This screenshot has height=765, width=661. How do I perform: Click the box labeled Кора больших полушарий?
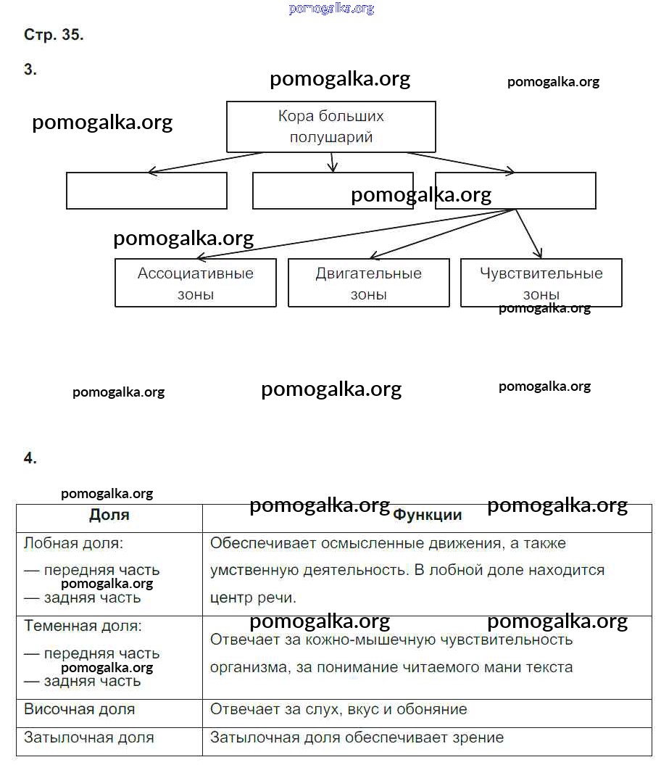coord(331,126)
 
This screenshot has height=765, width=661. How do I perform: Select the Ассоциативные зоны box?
coord(195,283)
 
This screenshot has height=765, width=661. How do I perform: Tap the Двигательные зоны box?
coord(368,283)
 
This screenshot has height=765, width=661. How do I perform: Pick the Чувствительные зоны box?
coord(541,283)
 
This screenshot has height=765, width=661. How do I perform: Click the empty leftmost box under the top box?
coord(146,191)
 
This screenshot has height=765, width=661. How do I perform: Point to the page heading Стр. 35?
coord(54,35)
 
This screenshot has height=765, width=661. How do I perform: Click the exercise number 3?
coord(30,70)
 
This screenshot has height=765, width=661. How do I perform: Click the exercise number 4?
coord(30,458)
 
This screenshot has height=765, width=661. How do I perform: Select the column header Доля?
coord(109,515)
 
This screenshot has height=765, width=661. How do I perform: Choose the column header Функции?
coord(427,515)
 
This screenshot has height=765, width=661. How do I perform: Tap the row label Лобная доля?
coord(73,543)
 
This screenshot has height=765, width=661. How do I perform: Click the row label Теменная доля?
coord(83,626)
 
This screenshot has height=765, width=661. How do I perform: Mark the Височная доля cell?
coord(79,709)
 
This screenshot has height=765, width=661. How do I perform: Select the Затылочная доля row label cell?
coord(88,737)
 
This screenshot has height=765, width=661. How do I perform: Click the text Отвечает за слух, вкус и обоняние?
coord(338,709)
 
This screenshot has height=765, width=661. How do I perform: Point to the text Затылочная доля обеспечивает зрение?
coord(357,737)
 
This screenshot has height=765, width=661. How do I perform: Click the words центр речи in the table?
coord(253,598)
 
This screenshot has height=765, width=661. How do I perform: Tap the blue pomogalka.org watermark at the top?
coord(331,9)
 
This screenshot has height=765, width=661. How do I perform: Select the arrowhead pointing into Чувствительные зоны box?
coord(539,254)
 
